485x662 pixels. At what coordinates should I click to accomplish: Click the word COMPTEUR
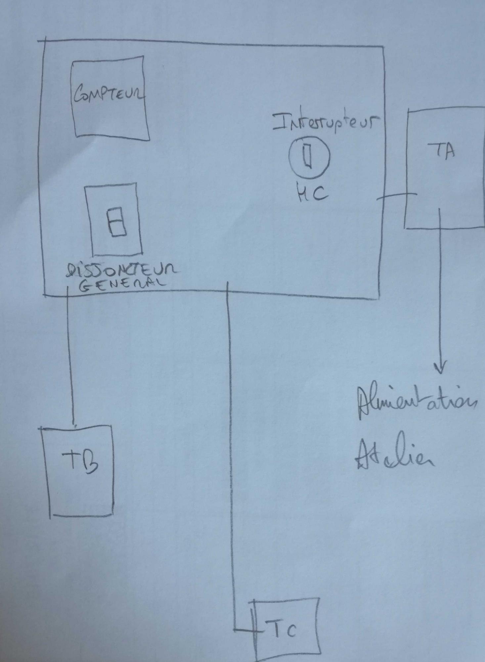coord(109,94)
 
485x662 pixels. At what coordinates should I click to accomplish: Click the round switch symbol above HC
coord(309,156)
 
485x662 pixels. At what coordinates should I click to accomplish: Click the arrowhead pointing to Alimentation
coord(441,368)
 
